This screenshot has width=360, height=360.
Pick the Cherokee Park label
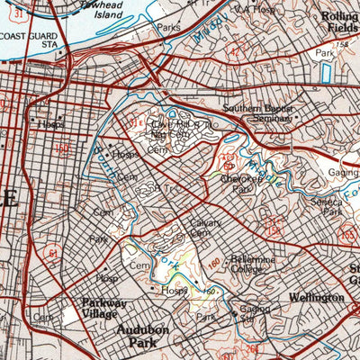coord(239,184)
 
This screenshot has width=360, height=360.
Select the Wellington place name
coord(317,296)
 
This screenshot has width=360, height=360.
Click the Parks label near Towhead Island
coord(167,28)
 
